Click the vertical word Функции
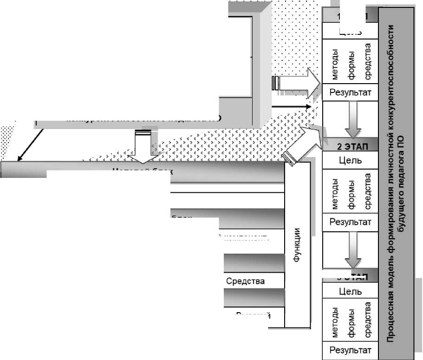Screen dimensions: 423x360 297,245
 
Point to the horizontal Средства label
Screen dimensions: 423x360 246,281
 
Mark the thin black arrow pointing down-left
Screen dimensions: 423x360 30,144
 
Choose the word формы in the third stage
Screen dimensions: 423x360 351,321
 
